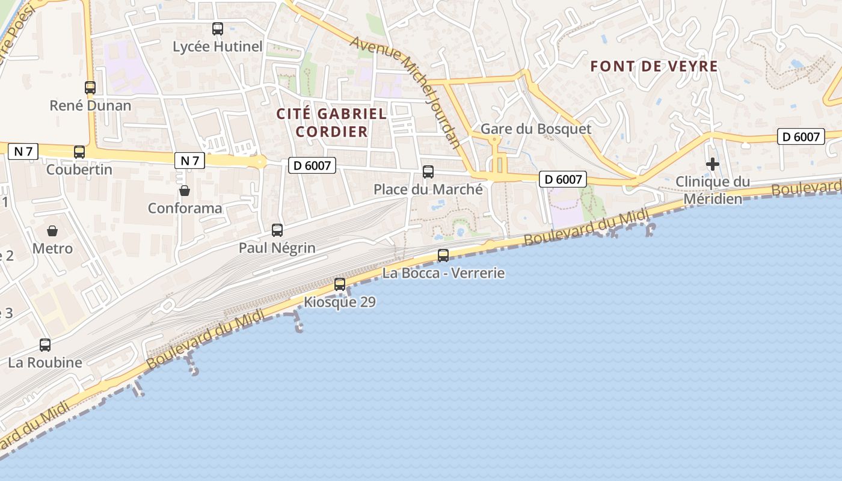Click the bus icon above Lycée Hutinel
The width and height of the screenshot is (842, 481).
tap(218, 28)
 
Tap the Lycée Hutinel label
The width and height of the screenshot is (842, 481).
tap(218, 46)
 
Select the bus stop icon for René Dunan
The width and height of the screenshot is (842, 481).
tap(90, 87)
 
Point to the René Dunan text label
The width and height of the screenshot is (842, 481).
tap(90, 106)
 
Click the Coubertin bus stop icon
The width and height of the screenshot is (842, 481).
tap(79, 152)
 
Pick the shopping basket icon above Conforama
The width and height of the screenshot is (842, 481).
tap(185, 191)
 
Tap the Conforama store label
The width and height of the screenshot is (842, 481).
tap(185, 208)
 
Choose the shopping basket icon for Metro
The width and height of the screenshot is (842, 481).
tap(52, 230)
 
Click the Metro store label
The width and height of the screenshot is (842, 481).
tap(52, 248)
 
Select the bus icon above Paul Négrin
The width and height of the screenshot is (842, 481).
tap(277, 230)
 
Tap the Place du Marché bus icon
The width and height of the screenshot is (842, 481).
tap(428, 172)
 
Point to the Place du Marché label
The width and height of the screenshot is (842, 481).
tap(428, 189)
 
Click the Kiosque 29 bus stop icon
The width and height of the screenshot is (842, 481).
tap(340, 284)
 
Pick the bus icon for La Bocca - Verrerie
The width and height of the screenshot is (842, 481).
tap(443, 255)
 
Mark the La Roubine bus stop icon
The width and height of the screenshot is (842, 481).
tap(45, 345)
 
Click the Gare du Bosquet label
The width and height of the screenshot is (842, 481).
tap(536, 129)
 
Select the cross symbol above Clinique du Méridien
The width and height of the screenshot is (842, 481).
tap(713, 164)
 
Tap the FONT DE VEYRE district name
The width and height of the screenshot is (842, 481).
tap(654, 66)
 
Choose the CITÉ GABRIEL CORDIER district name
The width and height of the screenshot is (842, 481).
tap(331, 122)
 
